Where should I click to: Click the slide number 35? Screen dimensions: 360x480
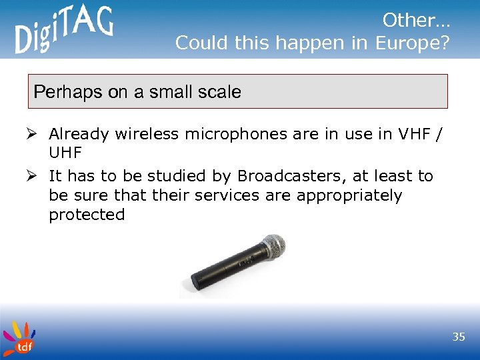pos(458,337)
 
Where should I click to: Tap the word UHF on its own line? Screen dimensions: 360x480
pos(65,153)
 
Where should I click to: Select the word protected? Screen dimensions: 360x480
pos(87,215)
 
